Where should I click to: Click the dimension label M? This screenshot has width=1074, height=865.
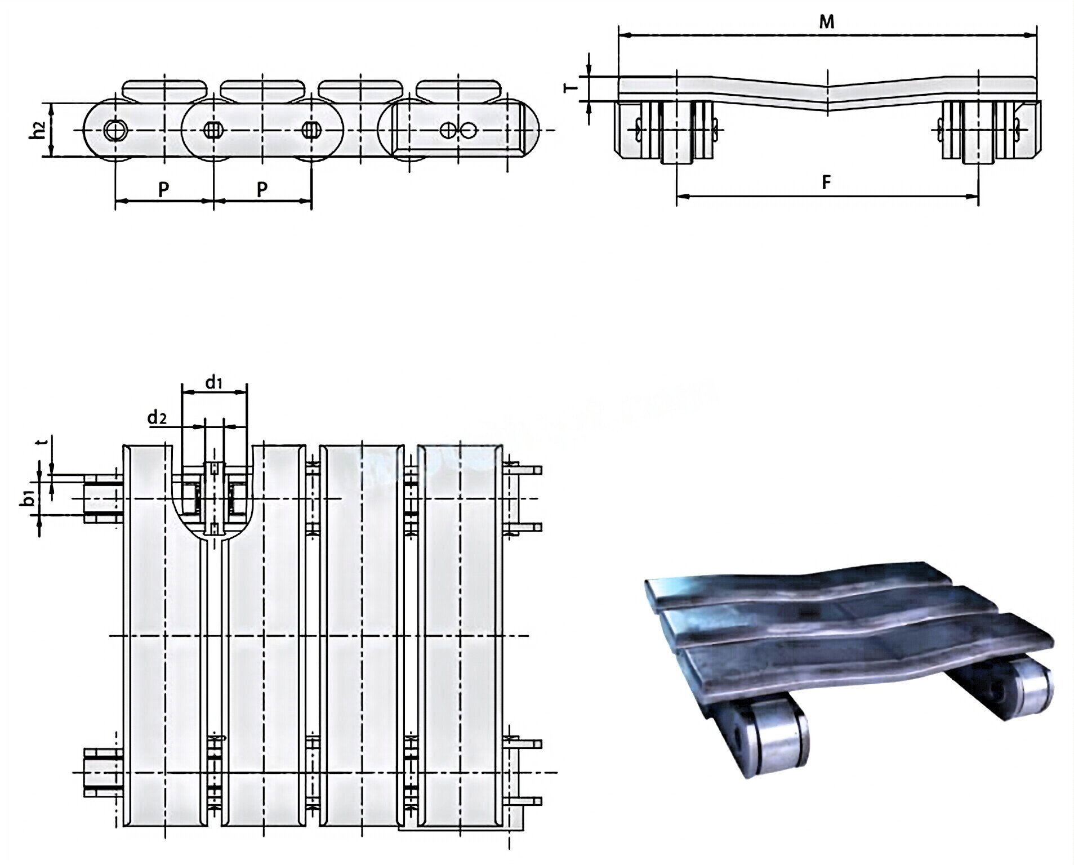(x=826, y=22)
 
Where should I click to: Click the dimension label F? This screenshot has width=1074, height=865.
(x=826, y=182)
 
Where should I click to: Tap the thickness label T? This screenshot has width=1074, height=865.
(x=571, y=88)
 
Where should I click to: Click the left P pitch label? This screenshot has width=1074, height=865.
(x=163, y=189)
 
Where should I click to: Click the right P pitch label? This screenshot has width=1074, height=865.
(x=262, y=189)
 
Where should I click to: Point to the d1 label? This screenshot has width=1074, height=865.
(x=213, y=384)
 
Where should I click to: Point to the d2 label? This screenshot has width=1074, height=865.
(x=157, y=418)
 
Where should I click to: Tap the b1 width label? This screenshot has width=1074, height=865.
(x=29, y=498)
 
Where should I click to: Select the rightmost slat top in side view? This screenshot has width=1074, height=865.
(x=458, y=88)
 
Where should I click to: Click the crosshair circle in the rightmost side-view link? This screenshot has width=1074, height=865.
(x=448, y=131)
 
